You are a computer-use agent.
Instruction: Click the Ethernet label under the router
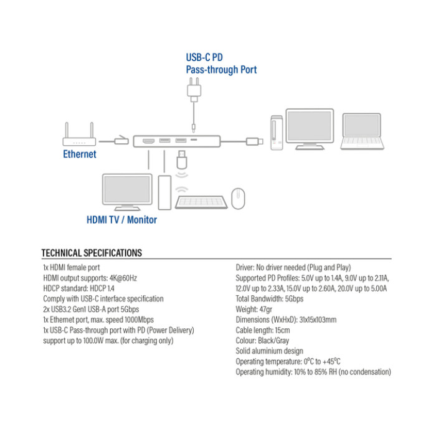coord(80,154)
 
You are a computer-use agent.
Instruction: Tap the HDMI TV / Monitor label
coord(121,220)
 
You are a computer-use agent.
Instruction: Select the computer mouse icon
coord(238,199)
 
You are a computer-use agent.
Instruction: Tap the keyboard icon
coord(201,202)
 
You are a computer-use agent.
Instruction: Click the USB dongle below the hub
coord(181,159)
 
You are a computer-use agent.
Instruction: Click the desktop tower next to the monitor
coord(165,192)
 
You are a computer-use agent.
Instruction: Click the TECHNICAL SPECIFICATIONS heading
coord(92,253)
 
